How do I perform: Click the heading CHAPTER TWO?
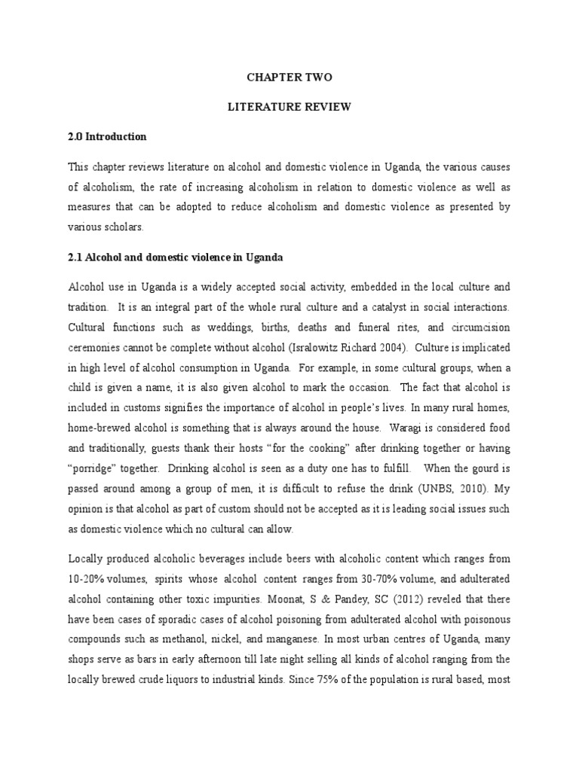(x=289, y=78)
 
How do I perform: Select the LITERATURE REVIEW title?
(x=289, y=107)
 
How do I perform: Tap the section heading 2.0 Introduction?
(x=108, y=136)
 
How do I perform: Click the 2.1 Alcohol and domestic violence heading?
(x=175, y=258)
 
